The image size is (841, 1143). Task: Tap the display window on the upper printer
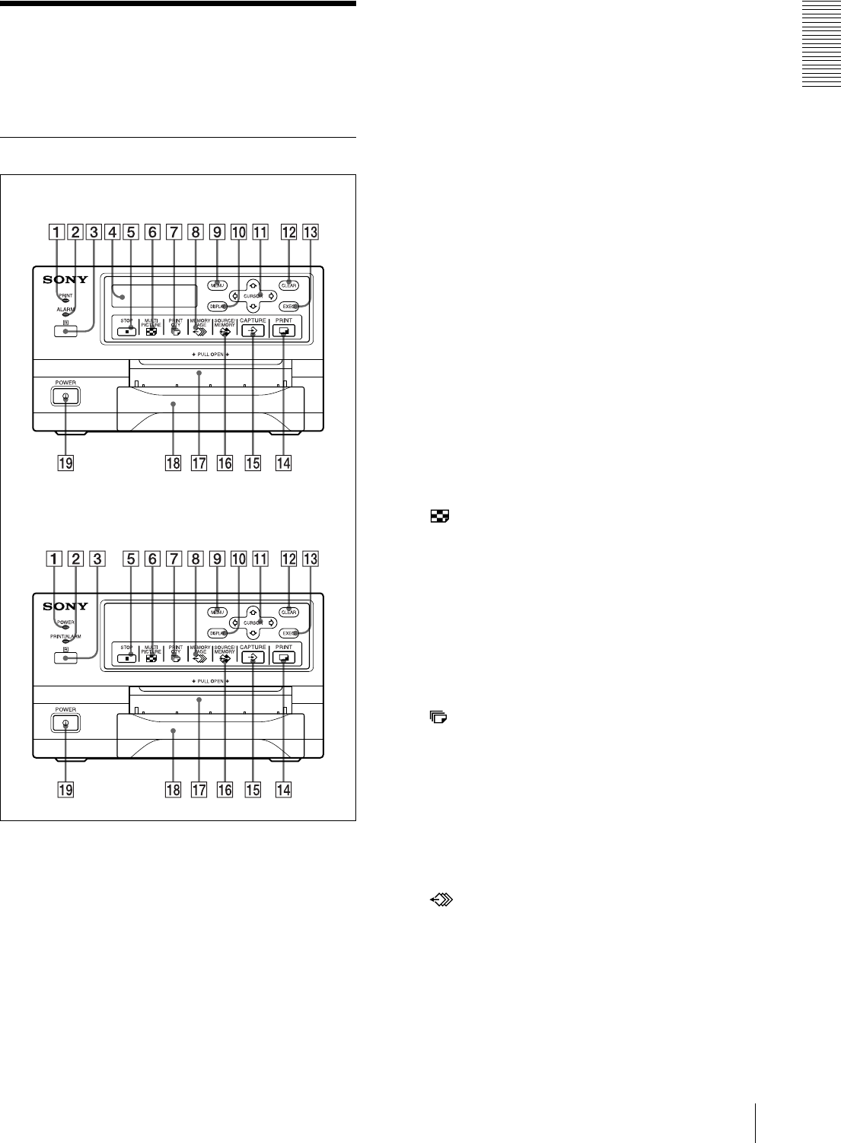tap(155, 296)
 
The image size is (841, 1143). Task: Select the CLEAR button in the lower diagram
tap(288, 613)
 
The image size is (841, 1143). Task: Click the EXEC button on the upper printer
tap(289, 306)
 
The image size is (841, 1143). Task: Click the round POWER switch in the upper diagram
tap(65, 396)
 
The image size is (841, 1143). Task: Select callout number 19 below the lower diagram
tap(66, 789)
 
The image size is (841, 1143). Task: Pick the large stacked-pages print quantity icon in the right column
tap(439, 717)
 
